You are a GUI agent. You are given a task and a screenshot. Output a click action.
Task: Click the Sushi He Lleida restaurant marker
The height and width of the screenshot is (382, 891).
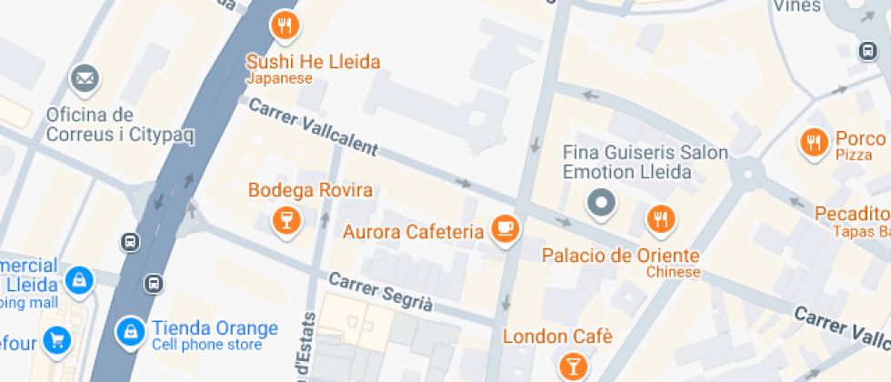tap(285, 26)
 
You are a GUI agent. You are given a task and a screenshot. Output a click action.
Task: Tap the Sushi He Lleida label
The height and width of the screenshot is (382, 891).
tap(314, 63)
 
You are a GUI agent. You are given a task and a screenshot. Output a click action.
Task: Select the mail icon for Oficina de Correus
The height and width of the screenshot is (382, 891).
tap(85, 78)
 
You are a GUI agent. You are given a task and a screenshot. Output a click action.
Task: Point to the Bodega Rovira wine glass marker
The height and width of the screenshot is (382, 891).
tap(285, 218)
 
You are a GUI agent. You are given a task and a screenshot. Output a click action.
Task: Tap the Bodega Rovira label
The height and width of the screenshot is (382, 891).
tap(311, 191)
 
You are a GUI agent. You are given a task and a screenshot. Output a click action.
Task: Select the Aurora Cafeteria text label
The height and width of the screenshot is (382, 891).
tap(413, 232)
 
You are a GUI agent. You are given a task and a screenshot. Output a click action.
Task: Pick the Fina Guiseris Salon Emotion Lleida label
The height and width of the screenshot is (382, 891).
tap(646, 162)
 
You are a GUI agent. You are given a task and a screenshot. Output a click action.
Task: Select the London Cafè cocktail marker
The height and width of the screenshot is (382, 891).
tap(574, 365)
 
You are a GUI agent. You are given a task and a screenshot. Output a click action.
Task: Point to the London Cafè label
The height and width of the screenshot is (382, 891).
tap(557, 337)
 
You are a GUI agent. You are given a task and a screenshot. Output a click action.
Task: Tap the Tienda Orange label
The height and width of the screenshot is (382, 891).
tap(215, 328)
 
